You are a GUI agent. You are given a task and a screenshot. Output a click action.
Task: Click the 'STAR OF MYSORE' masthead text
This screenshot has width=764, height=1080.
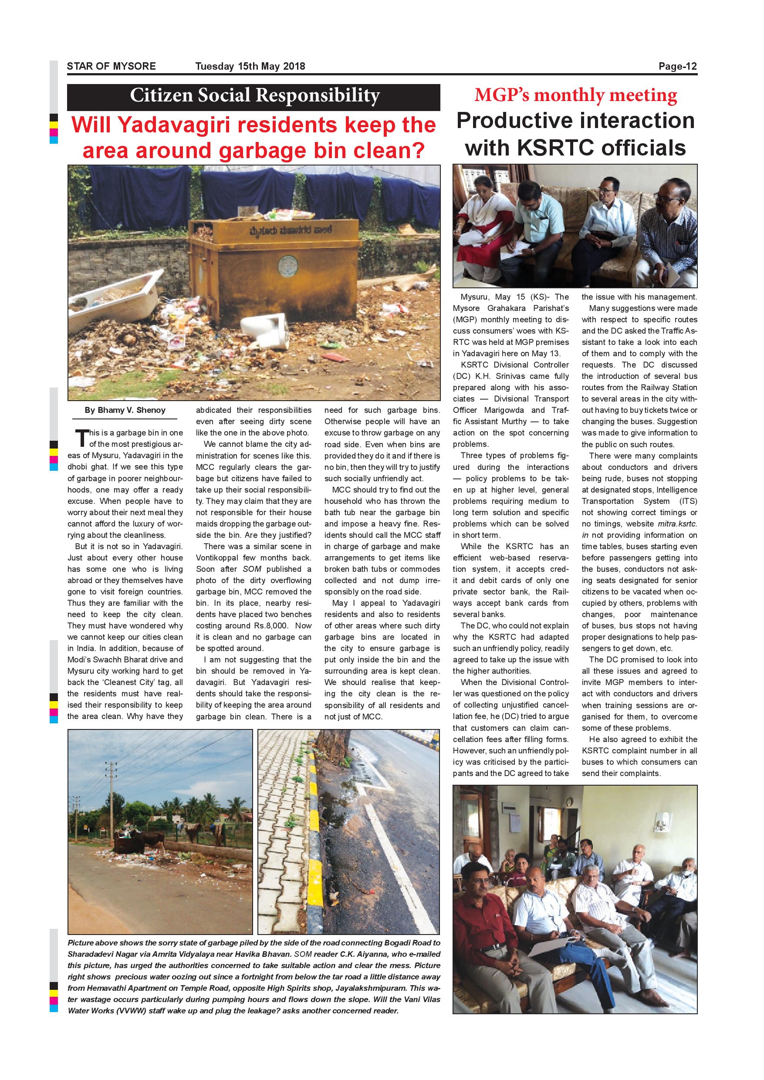[111, 66]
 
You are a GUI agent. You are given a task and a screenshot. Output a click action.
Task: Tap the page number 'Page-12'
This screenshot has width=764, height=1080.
[677, 66]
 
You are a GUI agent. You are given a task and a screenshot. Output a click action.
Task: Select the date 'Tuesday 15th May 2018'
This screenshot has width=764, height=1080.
[250, 66]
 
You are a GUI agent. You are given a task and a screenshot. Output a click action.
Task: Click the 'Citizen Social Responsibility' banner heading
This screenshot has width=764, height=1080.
[254, 95]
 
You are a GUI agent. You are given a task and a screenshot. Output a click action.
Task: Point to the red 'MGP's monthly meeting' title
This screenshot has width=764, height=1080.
[575, 95]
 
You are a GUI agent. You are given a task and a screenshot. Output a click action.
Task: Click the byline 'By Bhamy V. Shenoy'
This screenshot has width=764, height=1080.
[125, 410]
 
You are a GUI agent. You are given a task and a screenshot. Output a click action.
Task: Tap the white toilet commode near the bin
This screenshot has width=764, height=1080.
[265, 330]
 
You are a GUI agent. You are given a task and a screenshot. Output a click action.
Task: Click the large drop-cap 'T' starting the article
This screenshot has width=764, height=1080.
[81, 438]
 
